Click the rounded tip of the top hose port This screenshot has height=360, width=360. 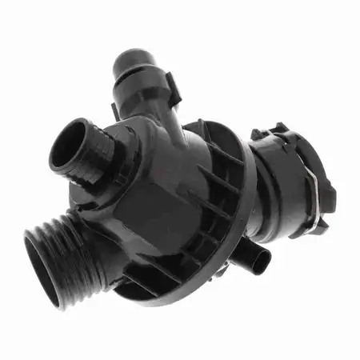click(136, 57)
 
